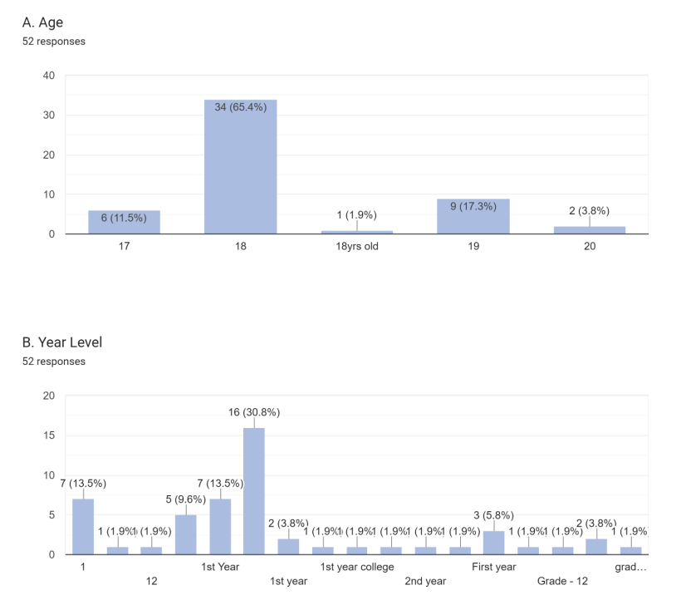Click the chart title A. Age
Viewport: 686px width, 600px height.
tap(42, 22)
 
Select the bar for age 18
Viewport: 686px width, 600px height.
tap(240, 166)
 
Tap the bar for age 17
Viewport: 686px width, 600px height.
tap(124, 222)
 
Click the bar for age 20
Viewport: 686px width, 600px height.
tap(590, 229)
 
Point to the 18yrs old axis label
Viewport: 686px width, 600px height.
tap(356, 247)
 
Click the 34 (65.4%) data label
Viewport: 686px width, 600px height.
tap(240, 107)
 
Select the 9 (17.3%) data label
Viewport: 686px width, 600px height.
tap(473, 206)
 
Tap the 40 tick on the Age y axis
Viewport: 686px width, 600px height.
tap(49, 76)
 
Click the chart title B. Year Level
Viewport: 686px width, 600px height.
tap(62, 342)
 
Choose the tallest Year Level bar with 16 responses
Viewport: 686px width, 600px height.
tap(254, 490)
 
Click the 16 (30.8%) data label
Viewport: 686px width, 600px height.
tap(254, 412)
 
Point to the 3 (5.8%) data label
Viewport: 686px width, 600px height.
tap(494, 515)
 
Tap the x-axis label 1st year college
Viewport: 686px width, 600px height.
tap(356, 567)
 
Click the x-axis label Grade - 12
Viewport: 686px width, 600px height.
tap(562, 581)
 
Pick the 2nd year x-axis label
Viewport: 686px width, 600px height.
tap(425, 581)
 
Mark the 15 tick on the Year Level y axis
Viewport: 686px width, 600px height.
tap(49, 435)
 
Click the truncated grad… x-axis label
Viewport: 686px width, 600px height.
tap(631, 567)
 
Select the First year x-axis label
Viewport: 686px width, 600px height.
tap(494, 567)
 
